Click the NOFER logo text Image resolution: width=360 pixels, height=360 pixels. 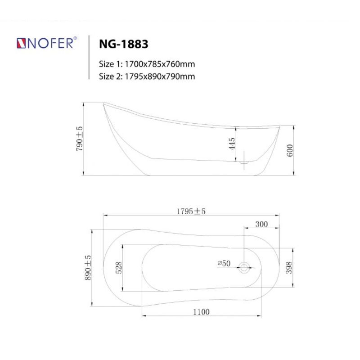(50, 43)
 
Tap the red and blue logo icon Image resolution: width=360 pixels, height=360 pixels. (21, 43)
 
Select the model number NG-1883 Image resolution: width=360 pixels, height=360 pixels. (123, 44)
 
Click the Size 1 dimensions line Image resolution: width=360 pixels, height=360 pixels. (147, 64)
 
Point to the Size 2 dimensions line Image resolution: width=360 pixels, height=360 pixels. (147, 76)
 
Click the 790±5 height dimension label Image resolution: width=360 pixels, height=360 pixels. (79, 139)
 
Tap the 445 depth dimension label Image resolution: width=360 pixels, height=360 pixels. (232, 144)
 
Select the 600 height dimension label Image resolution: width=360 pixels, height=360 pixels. (290, 150)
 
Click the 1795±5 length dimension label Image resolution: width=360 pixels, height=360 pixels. (191, 211)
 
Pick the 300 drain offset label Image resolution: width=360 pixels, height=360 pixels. (261, 224)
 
